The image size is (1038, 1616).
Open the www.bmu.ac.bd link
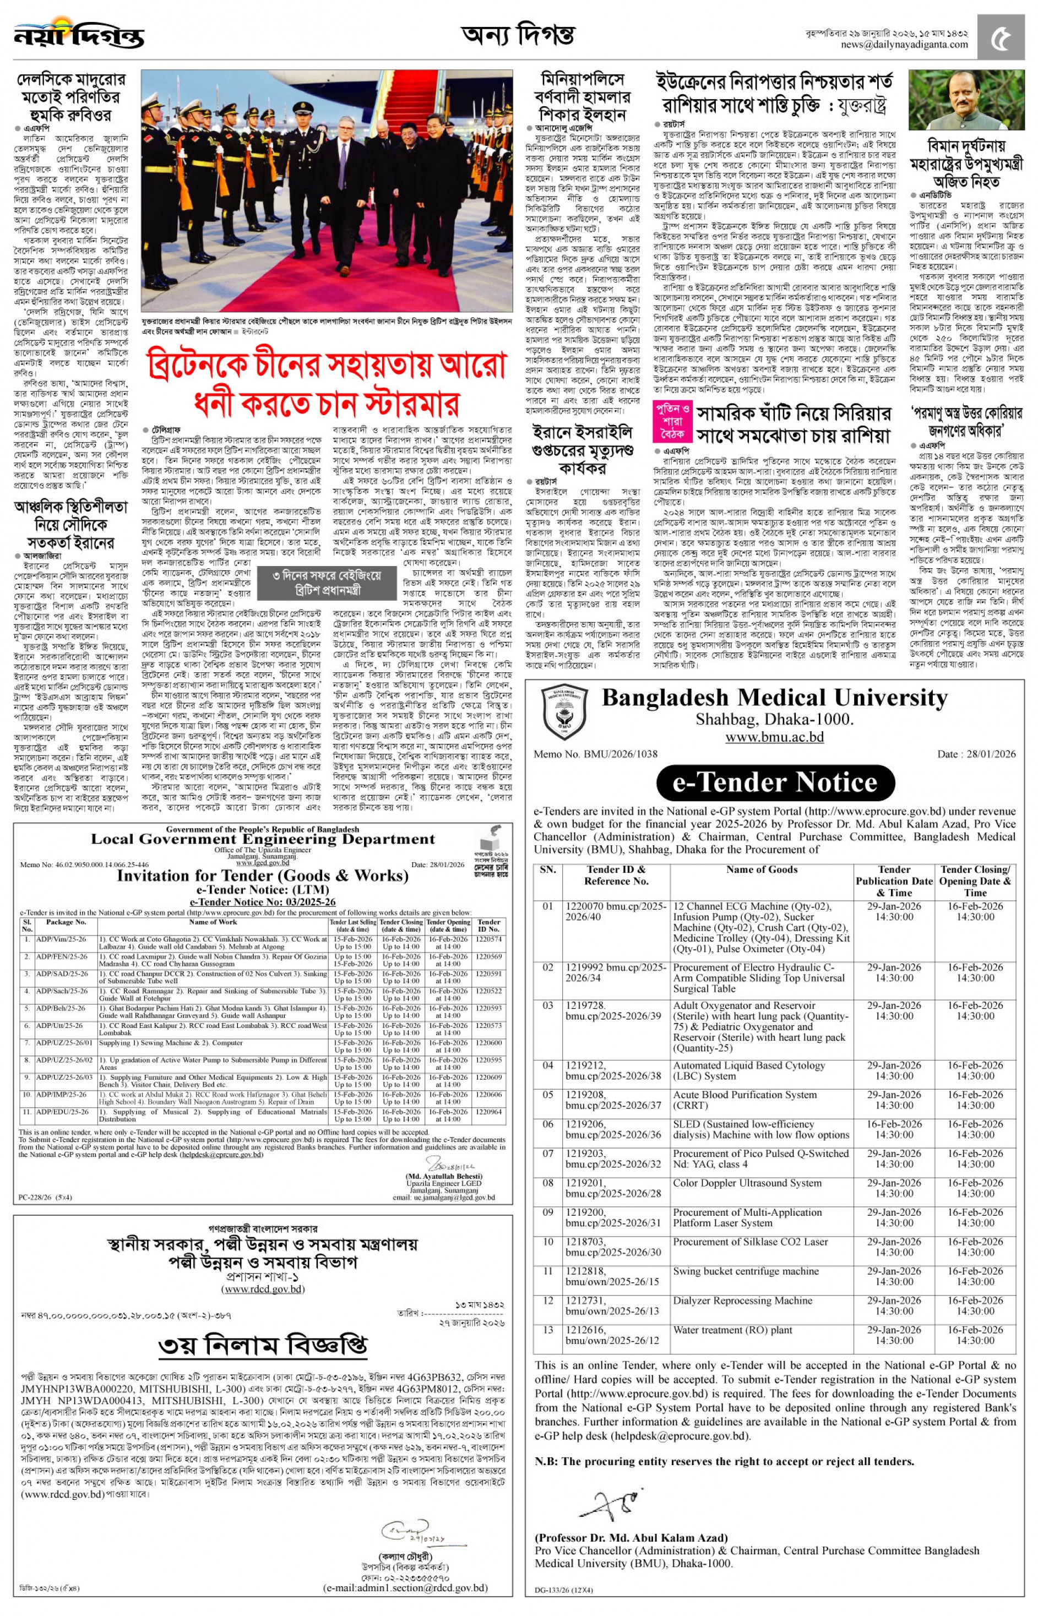point(774,737)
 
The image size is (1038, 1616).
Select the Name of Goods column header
point(762,870)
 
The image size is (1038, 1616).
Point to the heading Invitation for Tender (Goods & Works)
point(262,875)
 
